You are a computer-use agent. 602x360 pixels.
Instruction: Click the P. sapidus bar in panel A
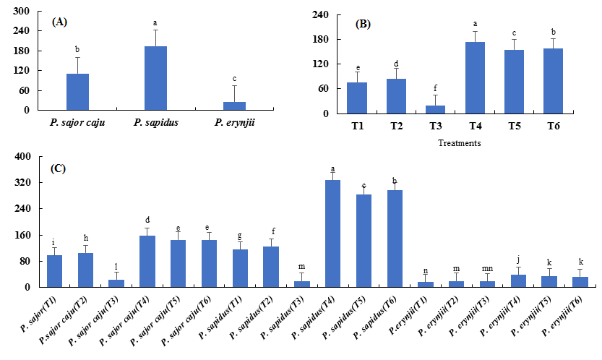click(x=155, y=78)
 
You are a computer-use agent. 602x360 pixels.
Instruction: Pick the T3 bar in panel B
click(x=436, y=109)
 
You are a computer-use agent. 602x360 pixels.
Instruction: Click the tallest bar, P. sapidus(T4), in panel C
click(x=332, y=233)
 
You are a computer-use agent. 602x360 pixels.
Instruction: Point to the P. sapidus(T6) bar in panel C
click(x=395, y=238)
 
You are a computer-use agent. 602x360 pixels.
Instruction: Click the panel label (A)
click(x=60, y=22)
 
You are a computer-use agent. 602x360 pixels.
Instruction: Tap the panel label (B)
click(x=364, y=24)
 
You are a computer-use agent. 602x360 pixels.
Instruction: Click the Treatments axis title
click(x=460, y=143)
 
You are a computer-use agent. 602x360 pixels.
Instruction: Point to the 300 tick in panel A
click(x=22, y=12)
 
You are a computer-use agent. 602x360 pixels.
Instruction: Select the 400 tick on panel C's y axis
click(x=22, y=156)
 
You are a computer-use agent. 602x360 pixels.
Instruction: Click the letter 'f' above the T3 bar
click(x=435, y=87)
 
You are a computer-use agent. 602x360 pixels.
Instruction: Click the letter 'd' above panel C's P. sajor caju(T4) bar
click(x=147, y=220)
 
